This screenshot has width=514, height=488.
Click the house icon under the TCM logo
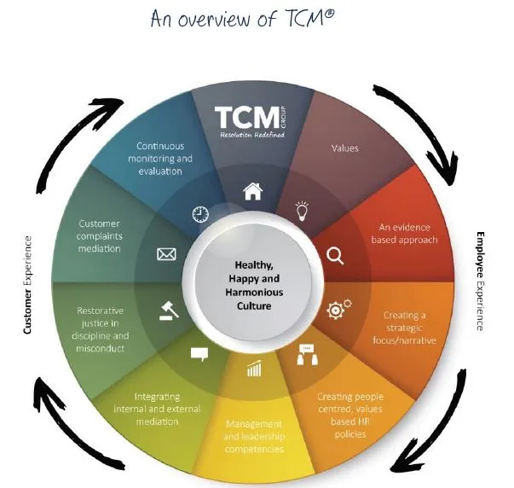(253, 191)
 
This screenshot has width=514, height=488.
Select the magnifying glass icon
(335, 255)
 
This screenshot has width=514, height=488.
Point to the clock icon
(201, 213)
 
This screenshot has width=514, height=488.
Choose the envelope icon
(167, 253)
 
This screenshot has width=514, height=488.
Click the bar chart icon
(254, 369)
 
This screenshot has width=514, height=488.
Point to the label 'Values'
(344, 148)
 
